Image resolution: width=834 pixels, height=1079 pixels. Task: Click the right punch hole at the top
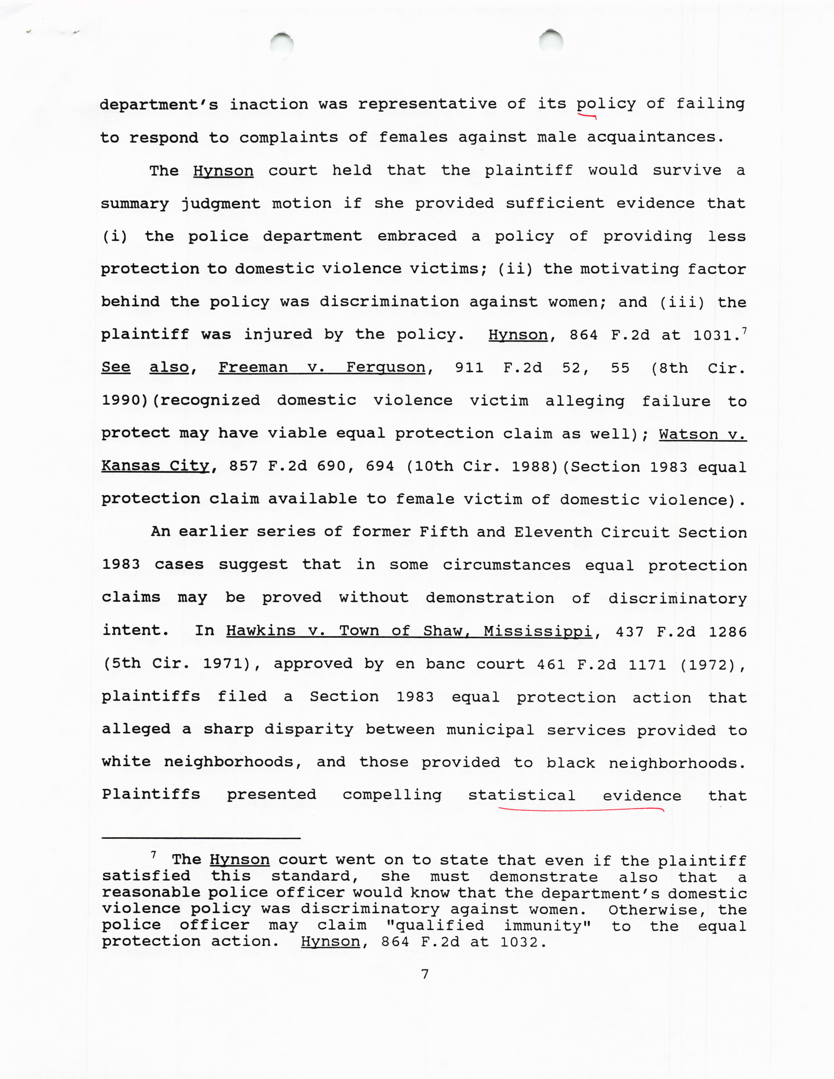click(x=551, y=42)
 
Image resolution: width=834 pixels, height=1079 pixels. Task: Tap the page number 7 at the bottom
click(x=424, y=974)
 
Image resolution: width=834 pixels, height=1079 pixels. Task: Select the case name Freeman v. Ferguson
click(x=322, y=368)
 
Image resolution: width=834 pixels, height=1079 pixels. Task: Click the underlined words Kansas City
click(x=156, y=466)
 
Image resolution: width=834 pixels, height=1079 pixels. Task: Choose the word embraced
click(x=417, y=236)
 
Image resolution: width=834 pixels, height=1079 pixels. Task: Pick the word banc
click(x=445, y=664)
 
